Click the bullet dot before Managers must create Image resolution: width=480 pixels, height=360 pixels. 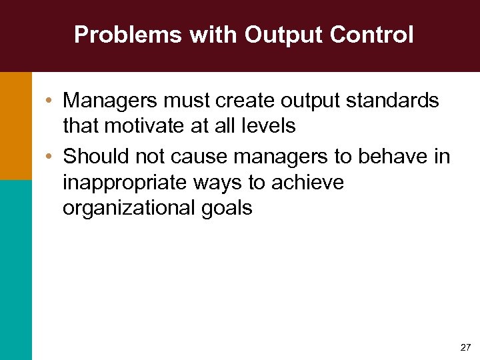click(51, 101)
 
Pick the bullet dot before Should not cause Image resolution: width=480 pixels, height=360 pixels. click(51, 157)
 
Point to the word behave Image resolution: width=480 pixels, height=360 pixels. click(397, 157)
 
